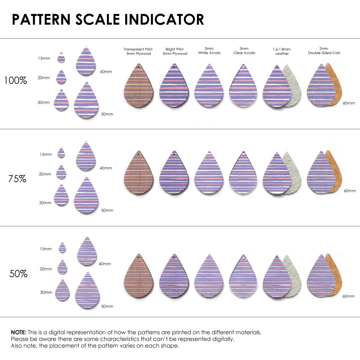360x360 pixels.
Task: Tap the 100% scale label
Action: pos(15,80)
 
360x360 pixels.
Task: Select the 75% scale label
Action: pos(17,179)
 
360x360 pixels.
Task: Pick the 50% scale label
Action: pos(18,274)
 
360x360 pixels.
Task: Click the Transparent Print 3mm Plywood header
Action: pos(138,51)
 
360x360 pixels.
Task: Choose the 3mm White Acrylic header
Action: pos(209,51)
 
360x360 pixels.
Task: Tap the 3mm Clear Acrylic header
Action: pos(244,51)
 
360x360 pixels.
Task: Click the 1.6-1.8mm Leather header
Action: pos(282,51)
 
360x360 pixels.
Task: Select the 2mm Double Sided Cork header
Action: pos(324,51)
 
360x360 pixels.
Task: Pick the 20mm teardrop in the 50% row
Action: pos(62,267)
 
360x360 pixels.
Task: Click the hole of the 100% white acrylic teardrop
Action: pos(210,67)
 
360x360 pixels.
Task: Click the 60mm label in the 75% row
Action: pos(350,190)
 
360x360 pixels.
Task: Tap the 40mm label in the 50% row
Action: pos(105,264)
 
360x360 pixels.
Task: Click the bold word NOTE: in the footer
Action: pos(18,332)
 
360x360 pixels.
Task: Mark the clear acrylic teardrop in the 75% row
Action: pos(244,175)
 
